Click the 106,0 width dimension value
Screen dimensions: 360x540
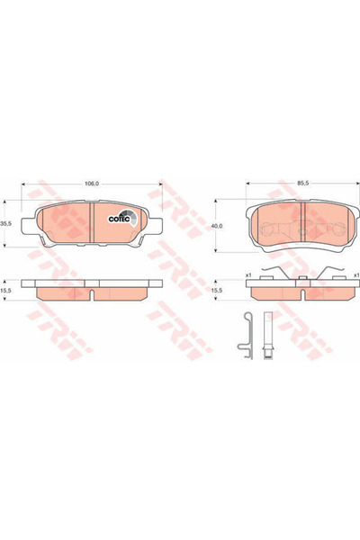(92, 184)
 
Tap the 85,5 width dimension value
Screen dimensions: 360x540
(302, 184)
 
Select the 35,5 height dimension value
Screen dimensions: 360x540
(6, 223)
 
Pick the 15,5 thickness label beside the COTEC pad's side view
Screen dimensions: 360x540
(6, 291)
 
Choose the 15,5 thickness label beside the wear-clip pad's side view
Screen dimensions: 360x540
(217, 291)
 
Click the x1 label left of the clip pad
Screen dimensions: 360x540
(247, 275)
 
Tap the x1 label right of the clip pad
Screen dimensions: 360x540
(357, 275)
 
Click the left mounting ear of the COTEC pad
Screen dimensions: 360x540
(29, 227)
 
